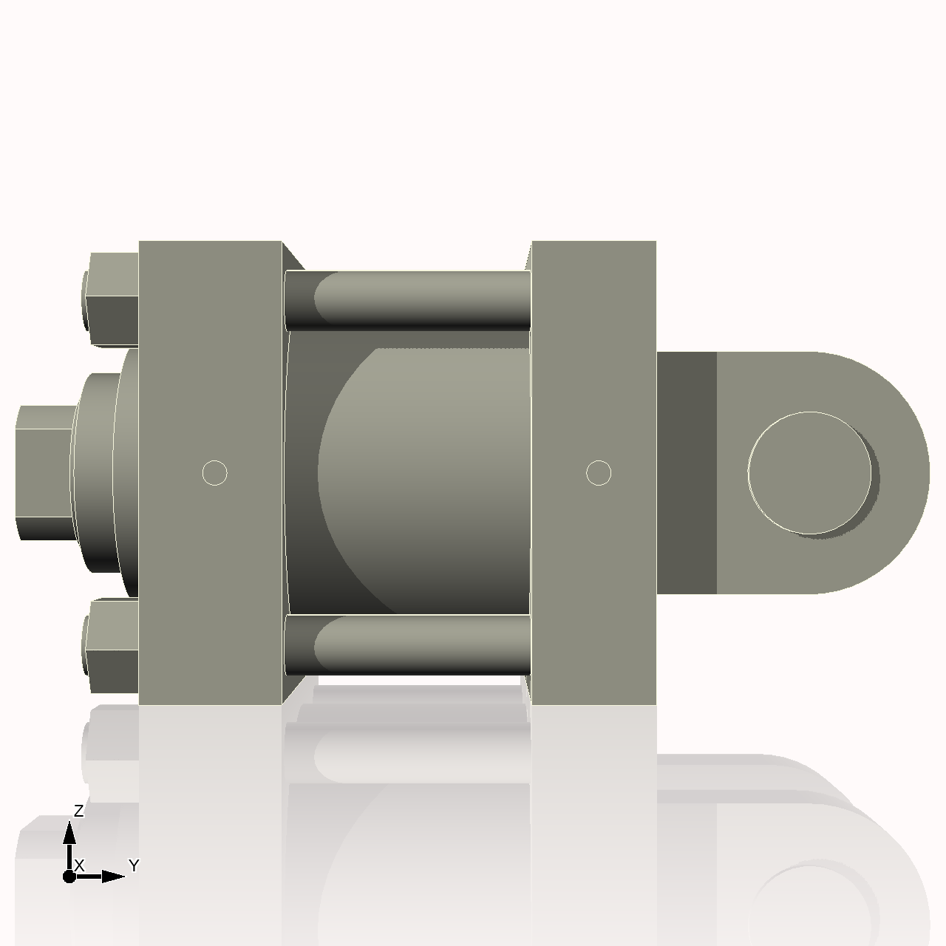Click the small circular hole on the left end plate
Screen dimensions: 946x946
pyautogui.click(x=214, y=473)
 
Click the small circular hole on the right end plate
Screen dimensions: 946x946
pyautogui.click(x=599, y=473)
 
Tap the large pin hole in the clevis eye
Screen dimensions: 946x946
pyautogui.click(x=810, y=473)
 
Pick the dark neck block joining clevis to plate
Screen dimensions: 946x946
pyautogui.click(x=686, y=473)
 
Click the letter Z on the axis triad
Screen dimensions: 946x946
pyautogui.click(x=79, y=811)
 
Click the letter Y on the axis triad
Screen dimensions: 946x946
pyautogui.click(x=134, y=865)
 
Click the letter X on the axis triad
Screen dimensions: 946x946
pyautogui.click(x=80, y=865)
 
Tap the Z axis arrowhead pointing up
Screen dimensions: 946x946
pyautogui.click(x=69, y=834)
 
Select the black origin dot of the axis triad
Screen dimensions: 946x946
pyautogui.click(x=69, y=877)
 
